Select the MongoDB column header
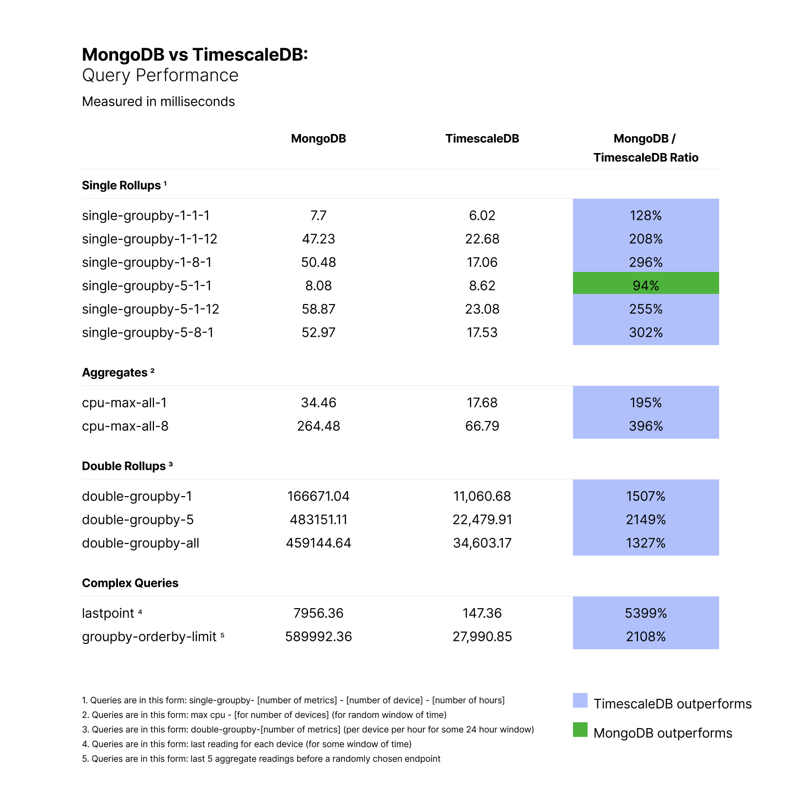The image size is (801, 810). tap(318, 139)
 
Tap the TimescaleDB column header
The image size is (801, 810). tap(482, 139)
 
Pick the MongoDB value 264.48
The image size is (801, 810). tap(318, 426)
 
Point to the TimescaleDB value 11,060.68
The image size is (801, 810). tap(482, 496)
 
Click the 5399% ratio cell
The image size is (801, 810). tap(646, 613)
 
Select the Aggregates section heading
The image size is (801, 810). tap(114, 373)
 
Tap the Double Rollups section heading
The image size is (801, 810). tap(124, 466)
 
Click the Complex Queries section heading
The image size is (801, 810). tap(130, 583)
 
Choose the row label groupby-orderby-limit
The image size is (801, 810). tap(149, 636)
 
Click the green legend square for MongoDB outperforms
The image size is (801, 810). tap(580, 730)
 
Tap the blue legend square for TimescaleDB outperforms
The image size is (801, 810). tap(580, 700)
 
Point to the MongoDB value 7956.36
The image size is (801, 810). tap(318, 613)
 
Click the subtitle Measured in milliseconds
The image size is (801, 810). tap(158, 101)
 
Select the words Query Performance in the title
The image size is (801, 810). tap(160, 76)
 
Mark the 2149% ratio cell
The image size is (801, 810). tap(646, 520)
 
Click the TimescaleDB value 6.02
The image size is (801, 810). tap(482, 215)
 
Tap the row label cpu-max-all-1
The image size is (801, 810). tap(124, 403)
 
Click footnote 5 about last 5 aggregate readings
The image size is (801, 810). tap(261, 759)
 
